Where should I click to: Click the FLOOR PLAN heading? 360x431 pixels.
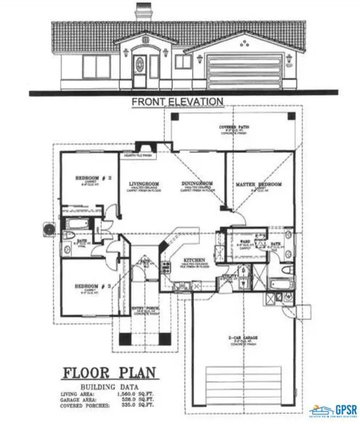point(109,373)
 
